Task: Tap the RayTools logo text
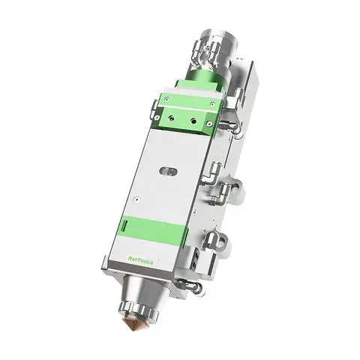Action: pos(140,259)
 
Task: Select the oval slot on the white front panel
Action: pos(168,172)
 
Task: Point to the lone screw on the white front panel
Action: pos(136,199)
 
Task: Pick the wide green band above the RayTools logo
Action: pos(152,229)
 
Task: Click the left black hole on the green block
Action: pos(171,118)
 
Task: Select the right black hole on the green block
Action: pos(193,121)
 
